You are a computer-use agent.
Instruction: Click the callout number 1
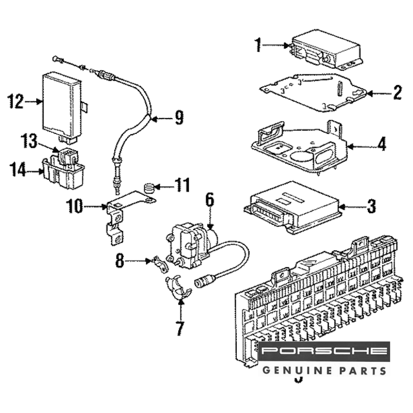(258, 45)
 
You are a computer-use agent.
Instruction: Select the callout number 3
(371, 206)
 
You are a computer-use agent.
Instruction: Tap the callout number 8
(119, 261)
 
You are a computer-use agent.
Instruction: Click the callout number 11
(182, 185)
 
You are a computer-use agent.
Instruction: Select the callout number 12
(17, 101)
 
